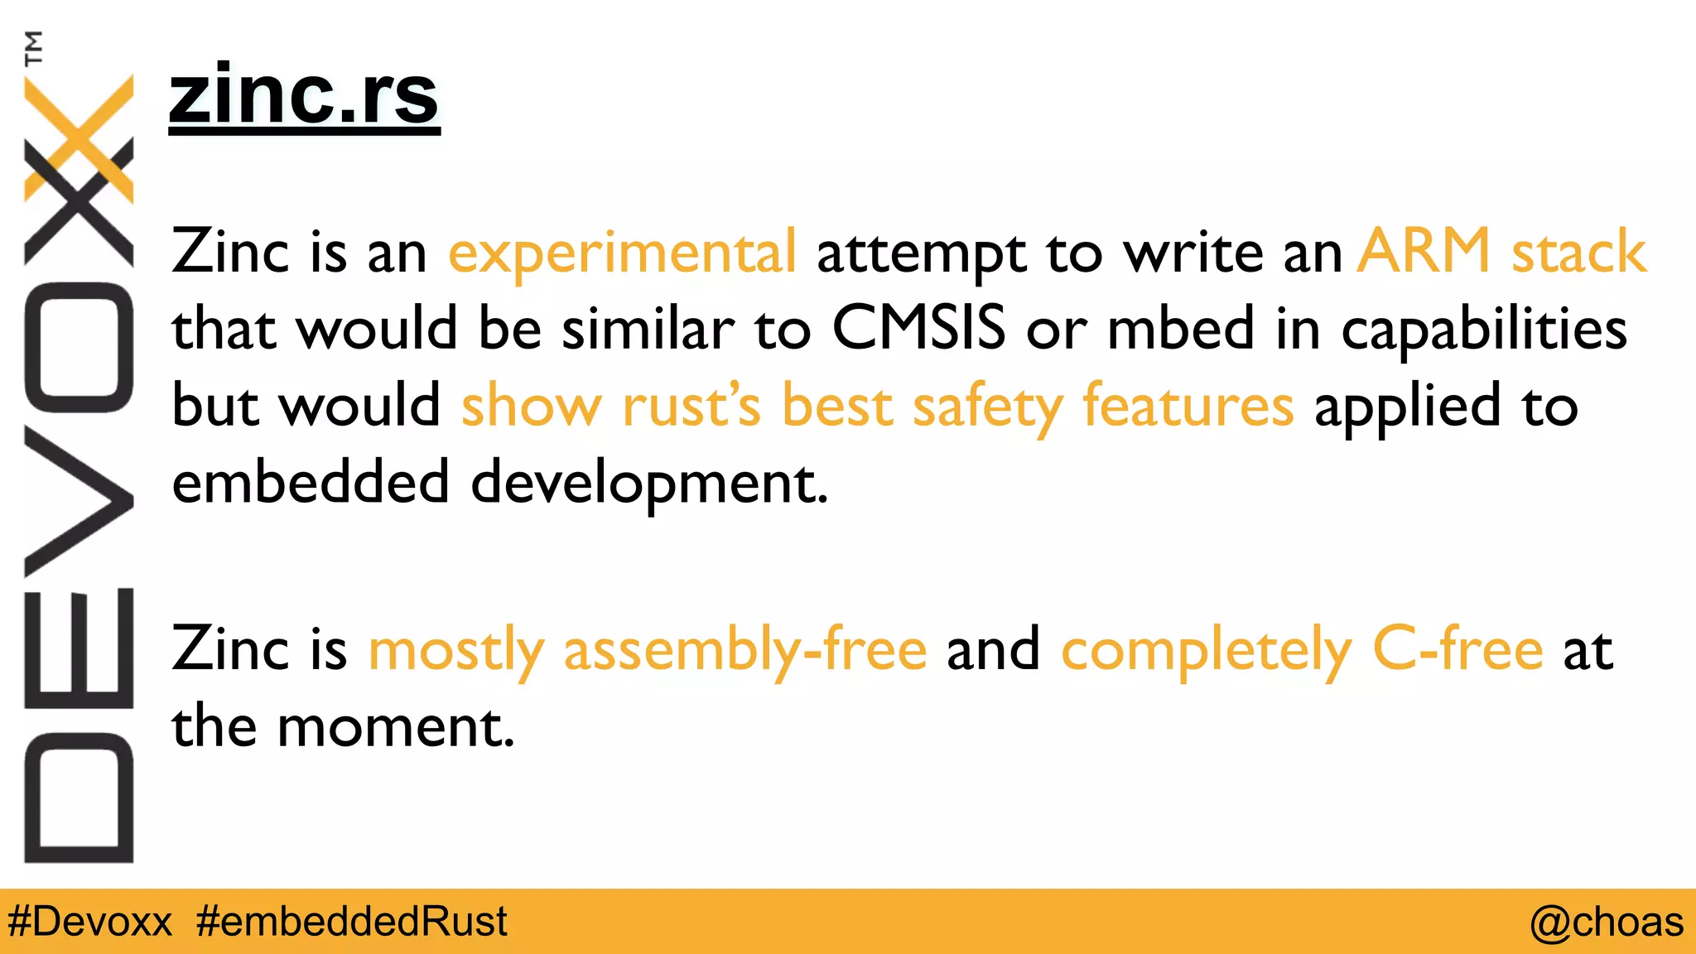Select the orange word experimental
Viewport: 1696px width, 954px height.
click(622, 252)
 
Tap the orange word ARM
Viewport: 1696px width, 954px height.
click(1424, 250)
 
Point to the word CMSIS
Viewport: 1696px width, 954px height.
click(918, 328)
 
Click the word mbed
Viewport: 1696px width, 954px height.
click(1181, 328)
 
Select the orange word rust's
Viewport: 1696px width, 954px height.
click(691, 406)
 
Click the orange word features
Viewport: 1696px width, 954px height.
click(1188, 405)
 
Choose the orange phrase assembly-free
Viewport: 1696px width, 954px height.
click(744, 650)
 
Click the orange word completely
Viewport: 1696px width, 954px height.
click(1207, 650)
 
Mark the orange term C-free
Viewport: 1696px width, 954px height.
click(1457, 648)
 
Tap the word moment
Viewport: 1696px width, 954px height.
click(396, 727)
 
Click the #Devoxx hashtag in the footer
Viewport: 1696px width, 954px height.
click(89, 922)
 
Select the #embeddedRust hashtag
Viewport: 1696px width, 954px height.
click(352, 922)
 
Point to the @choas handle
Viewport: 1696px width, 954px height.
click(1606, 922)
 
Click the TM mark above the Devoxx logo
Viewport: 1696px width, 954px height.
click(33, 48)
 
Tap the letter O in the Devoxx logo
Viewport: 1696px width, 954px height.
click(79, 348)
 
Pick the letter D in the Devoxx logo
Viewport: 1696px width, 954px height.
click(79, 797)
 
